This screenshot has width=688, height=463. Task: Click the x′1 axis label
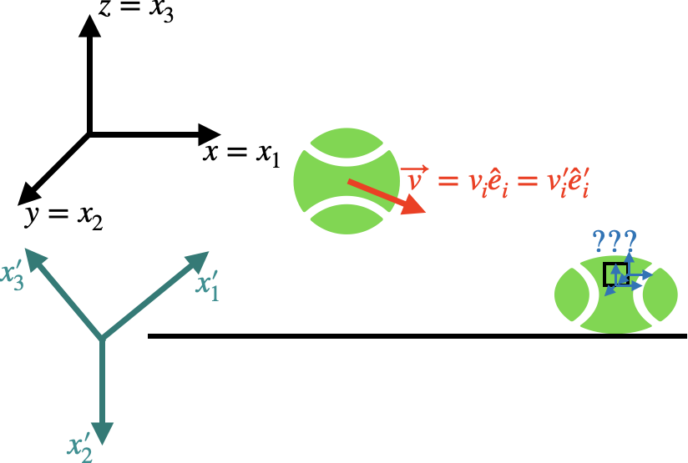coord(207,284)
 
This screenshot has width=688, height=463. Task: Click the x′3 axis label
coord(13,274)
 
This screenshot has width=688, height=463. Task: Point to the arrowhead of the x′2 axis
coord(102,432)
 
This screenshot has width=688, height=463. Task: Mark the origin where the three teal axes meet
coord(102,339)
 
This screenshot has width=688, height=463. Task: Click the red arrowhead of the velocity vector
coord(414,204)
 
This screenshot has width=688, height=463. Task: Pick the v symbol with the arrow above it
coord(413,179)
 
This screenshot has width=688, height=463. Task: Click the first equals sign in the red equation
coord(448,181)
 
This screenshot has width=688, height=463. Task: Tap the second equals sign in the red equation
coord(527,181)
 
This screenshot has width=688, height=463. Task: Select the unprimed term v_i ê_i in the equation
coord(488,184)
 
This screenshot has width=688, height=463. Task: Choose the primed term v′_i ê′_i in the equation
coord(568,184)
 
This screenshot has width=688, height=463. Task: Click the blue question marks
coord(614,242)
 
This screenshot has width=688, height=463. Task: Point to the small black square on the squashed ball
coord(616,274)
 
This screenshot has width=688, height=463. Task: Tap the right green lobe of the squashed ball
coord(661,294)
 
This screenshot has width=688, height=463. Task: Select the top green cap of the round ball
coord(346,141)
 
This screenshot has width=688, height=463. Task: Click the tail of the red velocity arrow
coord(349,180)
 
